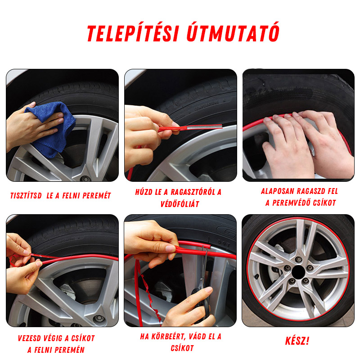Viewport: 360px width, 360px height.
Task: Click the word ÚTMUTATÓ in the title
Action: [x=233, y=32]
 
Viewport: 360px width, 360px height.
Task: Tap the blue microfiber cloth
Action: [x=52, y=129]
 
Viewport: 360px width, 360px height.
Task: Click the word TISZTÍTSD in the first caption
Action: [x=26, y=196]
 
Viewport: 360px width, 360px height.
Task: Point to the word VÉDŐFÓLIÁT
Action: [x=180, y=204]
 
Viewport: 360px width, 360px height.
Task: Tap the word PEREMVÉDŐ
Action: [x=291, y=203]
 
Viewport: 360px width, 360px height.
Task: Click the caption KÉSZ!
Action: [x=297, y=341]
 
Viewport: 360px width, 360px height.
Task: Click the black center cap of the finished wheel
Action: [x=298, y=272]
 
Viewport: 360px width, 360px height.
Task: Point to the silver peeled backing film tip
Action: [x=204, y=127]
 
